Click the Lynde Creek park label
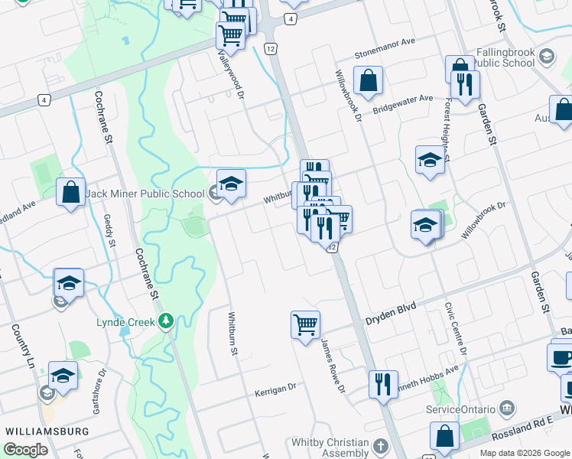tap(125, 322)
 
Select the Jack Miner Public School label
tap(145, 194)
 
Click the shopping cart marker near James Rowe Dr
tap(305, 324)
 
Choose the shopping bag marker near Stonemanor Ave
tap(368, 80)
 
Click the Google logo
tap(26, 449)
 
